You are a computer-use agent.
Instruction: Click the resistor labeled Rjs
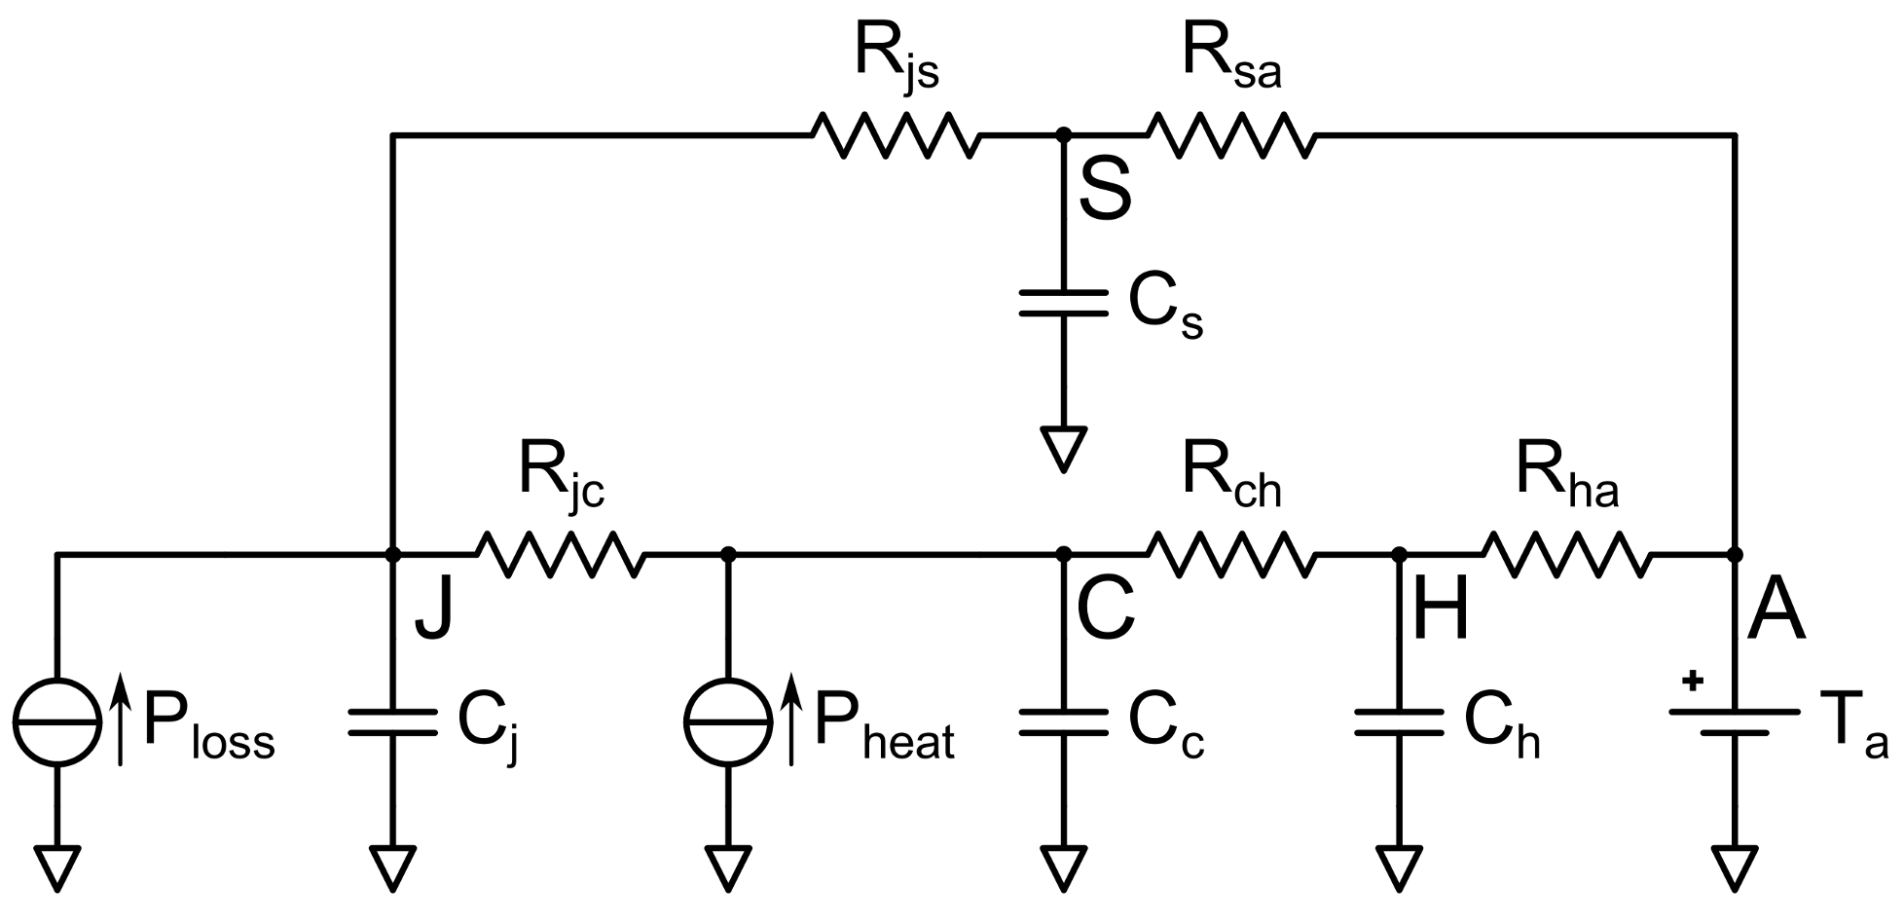[x=893, y=134]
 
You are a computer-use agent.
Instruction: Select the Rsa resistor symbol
[x=1230, y=134]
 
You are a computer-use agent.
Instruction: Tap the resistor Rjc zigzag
[x=559, y=554]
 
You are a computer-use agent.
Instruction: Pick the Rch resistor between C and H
[x=1230, y=554]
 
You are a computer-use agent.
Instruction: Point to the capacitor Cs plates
[x=1063, y=302]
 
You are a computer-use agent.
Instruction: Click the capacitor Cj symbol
[x=392, y=721]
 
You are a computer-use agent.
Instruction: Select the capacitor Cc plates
[x=1063, y=721]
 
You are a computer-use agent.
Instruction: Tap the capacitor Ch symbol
[x=1399, y=721]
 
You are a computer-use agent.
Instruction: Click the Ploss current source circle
[x=57, y=721]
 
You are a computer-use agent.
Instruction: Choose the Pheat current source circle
[x=728, y=721]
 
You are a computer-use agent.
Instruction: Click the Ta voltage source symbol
[x=1735, y=721]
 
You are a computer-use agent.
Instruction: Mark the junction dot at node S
[x=1063, y=134]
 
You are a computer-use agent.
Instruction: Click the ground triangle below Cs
[x=1063, y=449]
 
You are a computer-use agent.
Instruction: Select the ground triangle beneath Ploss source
[x=57, y=868]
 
